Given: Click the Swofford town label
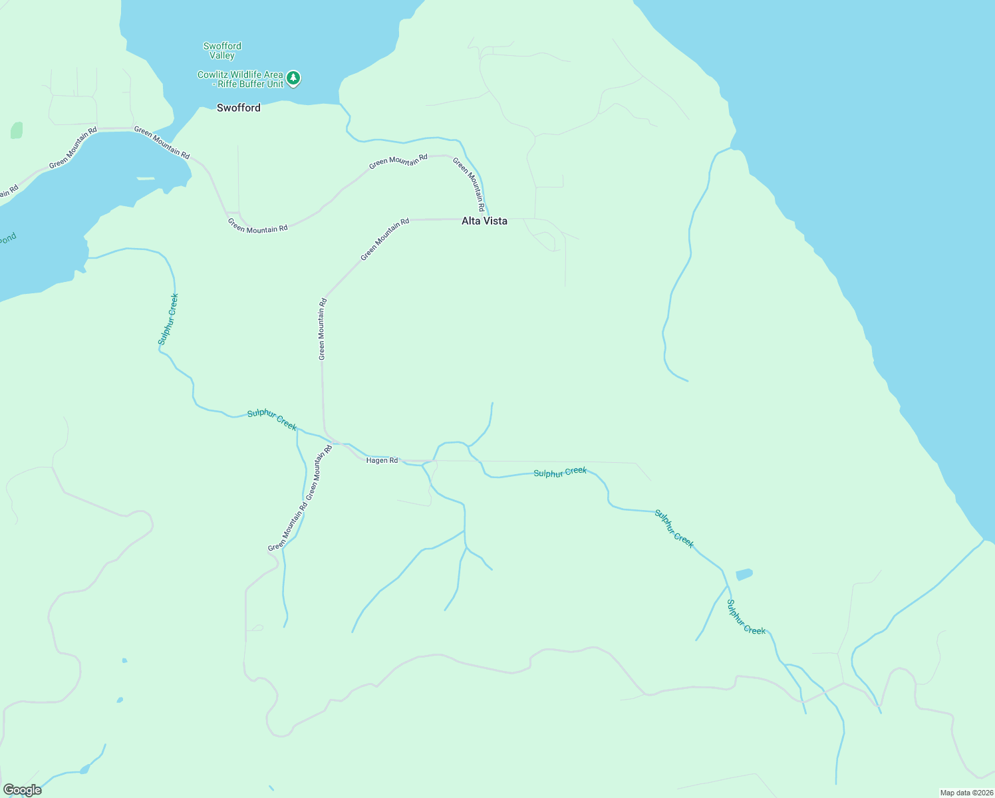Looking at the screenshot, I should (238, 108).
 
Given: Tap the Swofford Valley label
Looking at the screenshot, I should (222, 51).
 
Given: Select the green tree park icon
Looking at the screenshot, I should (293, 78).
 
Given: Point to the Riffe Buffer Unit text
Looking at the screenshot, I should (251, 84).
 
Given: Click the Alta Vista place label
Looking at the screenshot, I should (484, 221).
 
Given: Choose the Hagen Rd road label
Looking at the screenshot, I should (382, 460).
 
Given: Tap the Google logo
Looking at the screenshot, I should (22, 790).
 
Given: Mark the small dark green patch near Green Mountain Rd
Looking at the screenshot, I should (17, 130).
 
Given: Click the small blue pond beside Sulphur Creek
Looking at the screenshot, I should (744, 574).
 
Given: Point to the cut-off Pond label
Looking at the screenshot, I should (7, 239).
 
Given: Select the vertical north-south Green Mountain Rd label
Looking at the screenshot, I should (322, 329).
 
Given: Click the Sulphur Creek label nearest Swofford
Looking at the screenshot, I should (168, 319).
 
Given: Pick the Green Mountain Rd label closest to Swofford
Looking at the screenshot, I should (162, 142).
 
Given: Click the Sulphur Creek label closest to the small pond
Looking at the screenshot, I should (746, 617).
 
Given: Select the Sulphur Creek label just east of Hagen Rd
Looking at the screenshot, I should (560, 472).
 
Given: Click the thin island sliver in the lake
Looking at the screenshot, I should (146, 178).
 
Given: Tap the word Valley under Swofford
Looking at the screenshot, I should (222, 56).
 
